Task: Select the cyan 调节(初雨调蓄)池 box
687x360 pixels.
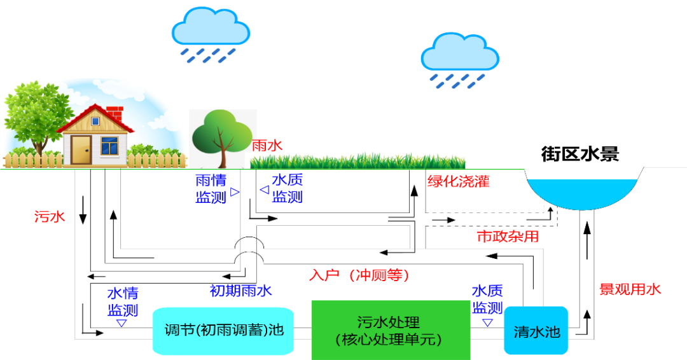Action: pyautogui.click(x=223, y=331)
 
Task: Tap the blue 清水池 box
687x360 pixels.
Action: pyautogui.click(x=537, y=331)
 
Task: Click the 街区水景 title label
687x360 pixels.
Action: pyautogui.click(x=579, y=154)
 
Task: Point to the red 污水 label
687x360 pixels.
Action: pyautogui.click(x=50, y=217)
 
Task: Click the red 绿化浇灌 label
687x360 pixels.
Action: pyautogui.click(x=459, y=181)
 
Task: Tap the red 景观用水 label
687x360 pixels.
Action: pyautogui.click(x=630, y=289)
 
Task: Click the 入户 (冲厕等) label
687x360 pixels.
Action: pyautogui.click(x=359, y=275)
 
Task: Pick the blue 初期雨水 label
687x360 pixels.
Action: pyautogui.click(x=241, y=291)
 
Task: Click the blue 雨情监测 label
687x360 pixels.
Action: pyautogui.click(x=211, y=189)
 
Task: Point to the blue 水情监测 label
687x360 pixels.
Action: pyautogui.click(x=123, y=302)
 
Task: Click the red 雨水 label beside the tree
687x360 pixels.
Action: pyautogui.click(x=267, y=146)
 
